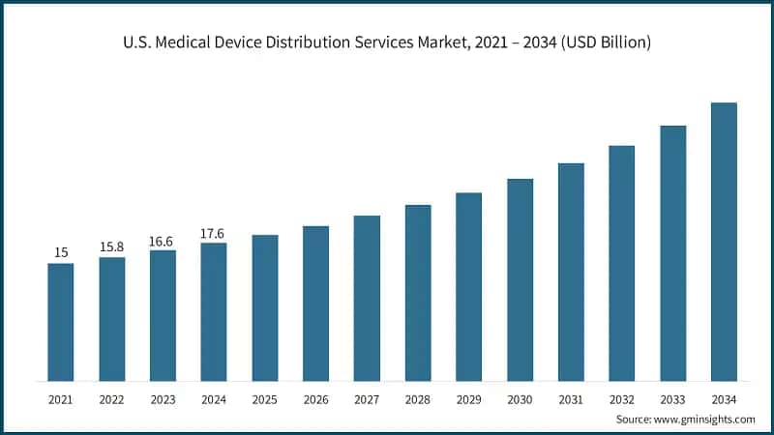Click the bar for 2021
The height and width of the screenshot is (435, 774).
(61, 322)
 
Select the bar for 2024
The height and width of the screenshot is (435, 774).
(214, 311)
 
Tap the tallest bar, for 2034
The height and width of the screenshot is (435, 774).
(724, 242)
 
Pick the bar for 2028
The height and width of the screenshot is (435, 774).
(418, 293)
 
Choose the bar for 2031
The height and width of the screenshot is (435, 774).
(571, 272)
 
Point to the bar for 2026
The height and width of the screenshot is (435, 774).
(315, 304)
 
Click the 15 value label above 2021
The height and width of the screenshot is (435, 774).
(61, 253)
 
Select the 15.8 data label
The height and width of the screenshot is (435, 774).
(112, 247)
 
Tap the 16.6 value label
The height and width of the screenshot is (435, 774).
(163, 241)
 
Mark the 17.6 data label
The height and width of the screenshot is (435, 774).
(214, 233)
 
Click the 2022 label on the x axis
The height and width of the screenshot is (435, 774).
(112, 397)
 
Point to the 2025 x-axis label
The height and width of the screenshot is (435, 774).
(265, 397)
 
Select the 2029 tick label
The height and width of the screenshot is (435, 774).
(468, 397)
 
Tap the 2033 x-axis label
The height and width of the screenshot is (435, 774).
(672, 397)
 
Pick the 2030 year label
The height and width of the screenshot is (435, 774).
(520, 397)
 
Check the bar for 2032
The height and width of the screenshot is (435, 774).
(621, 263)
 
